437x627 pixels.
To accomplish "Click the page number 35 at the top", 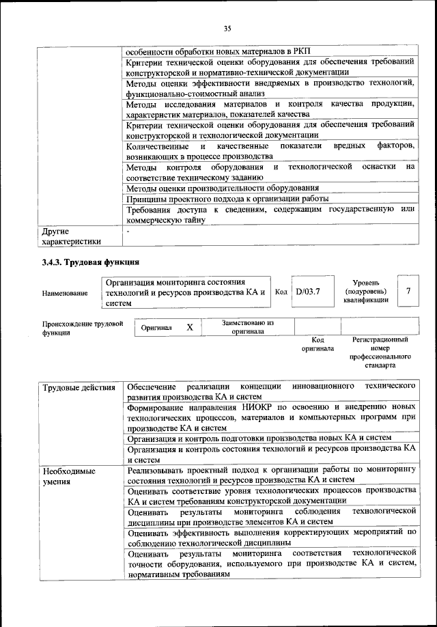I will tap(227, 28).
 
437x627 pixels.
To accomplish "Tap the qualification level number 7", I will tap(408, 292).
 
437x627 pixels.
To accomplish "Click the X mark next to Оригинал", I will tap(190, 328).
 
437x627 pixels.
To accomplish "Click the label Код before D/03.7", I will tap(281, 292).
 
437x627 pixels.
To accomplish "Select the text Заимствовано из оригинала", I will tap(248, 327).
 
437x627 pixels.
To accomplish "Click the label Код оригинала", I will tap(318, 344).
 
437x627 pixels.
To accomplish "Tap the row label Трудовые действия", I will tap(79, 388).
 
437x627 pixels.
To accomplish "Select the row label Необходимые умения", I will tap(69, 477).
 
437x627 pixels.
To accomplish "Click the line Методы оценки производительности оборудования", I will tap(223, 188).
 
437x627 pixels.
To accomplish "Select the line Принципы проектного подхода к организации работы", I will tap(228, 199).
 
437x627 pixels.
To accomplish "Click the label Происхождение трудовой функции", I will tap(82, 328).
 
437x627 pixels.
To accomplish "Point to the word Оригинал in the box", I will tap(156, 328).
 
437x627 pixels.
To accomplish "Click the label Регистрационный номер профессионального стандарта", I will tap(380, 352).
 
